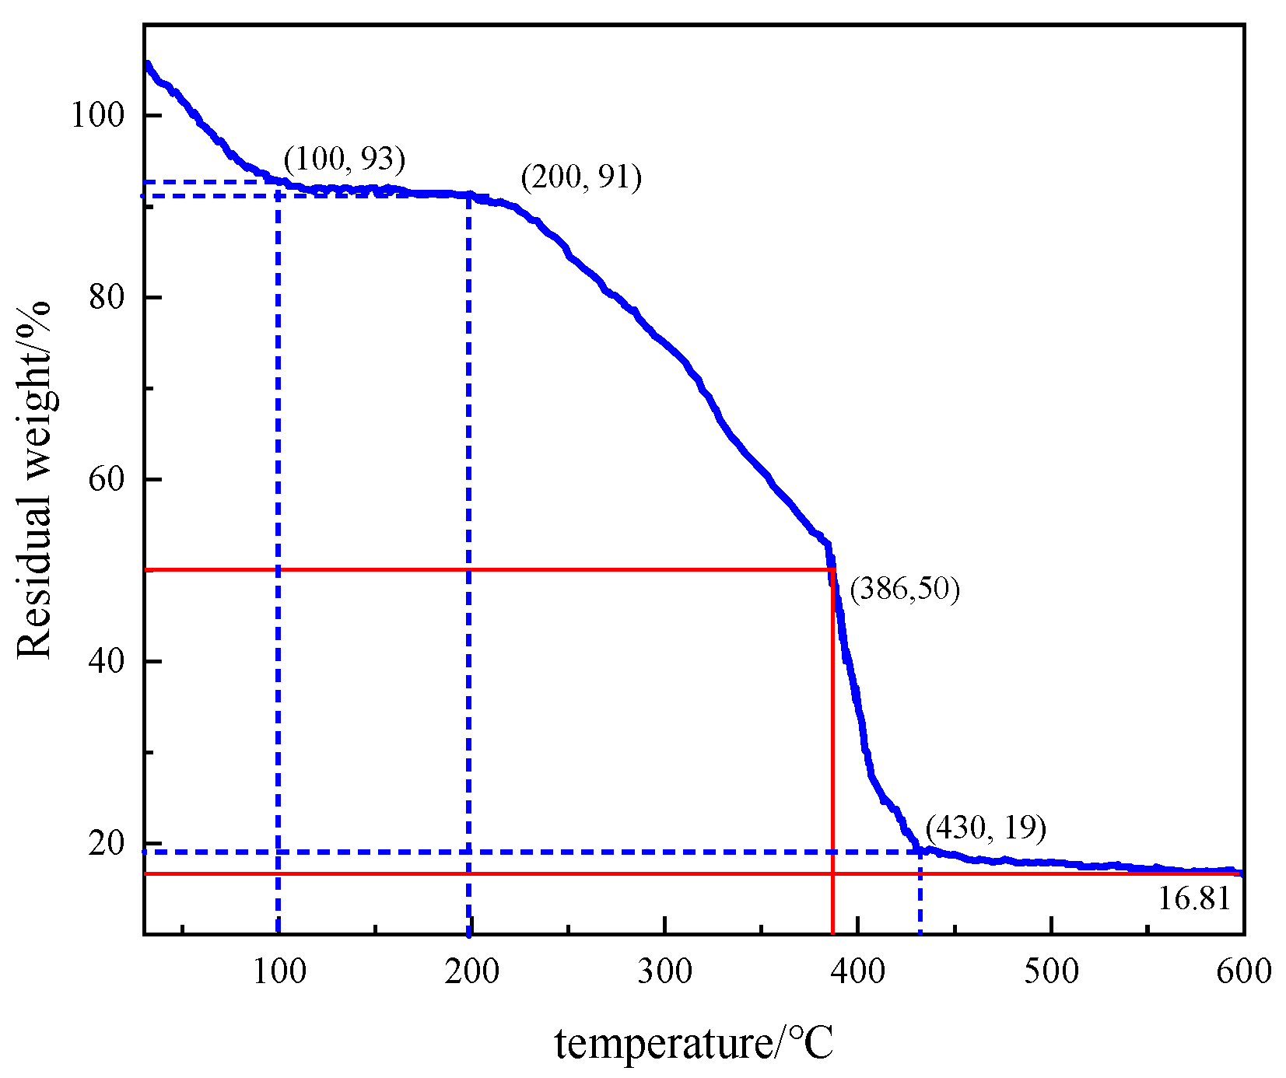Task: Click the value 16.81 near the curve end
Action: pos(1194,899)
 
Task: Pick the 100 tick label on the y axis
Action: pos(97,116)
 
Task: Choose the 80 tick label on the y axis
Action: pos(107,298)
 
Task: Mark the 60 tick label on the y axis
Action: pos(107,480)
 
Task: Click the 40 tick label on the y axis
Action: pos(107,662)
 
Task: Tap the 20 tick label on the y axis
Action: pos(107,844)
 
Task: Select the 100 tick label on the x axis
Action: pos(279,971)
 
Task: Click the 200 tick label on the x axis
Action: pos(471,971)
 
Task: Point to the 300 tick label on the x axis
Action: pos(664,971)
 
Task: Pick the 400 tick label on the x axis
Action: pos(858,971)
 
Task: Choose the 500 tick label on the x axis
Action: pos(1051,971)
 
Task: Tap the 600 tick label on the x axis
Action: pos(1243,971)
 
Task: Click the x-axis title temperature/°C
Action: pos(694,1043)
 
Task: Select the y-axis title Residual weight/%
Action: pos(34,480)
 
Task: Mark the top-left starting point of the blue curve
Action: pos(147,65)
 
